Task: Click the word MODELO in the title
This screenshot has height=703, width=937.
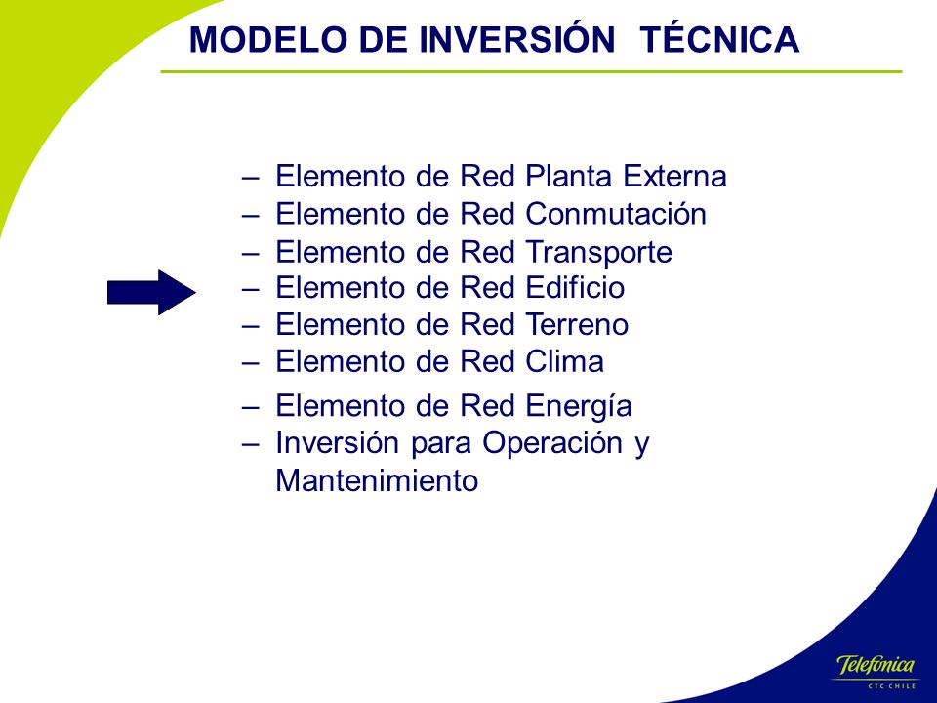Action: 268,40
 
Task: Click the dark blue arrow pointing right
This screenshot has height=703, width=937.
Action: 151,292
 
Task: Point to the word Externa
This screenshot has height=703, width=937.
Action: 674,176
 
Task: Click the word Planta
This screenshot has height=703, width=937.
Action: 569,176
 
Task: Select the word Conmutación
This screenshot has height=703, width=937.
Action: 616,214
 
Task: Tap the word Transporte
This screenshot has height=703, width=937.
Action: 598,252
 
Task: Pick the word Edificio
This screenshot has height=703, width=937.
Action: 576,287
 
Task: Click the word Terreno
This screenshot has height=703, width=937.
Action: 577,325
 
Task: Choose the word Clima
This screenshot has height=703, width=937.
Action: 565,361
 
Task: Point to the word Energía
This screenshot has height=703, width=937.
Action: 579,406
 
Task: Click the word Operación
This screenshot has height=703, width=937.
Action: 552,443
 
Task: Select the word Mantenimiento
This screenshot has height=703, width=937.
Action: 377,480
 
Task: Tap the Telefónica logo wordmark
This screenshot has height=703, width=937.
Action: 876,665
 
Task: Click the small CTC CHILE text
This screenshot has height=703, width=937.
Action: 892,685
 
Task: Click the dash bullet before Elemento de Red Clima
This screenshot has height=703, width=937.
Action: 251,363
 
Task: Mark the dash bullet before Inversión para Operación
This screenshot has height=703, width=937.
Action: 251,445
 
